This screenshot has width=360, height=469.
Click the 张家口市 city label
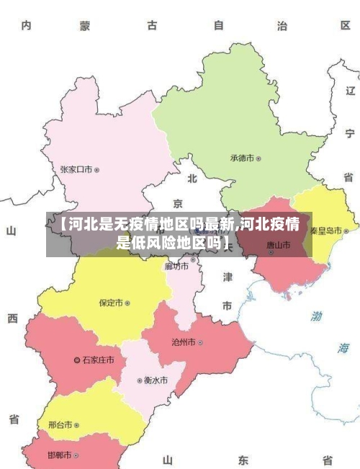pos(76,170)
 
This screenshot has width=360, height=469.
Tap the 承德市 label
pos(243,158)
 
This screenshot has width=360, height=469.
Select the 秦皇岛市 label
pos(326,231)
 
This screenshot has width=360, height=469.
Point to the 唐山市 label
pos(278,245)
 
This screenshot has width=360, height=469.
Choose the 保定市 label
pos(111,303)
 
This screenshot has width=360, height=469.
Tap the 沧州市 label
pos(183,342)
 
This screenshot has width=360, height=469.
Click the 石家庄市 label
pos(98,359)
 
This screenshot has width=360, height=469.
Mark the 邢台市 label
pos(60,425)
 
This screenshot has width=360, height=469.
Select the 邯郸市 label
pos(60,455)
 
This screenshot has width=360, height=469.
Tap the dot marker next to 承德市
pos(259,158)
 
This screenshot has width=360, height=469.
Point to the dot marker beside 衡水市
pos(140,380)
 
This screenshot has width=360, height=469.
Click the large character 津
pos(227,277)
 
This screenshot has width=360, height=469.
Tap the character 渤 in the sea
pos(317,316)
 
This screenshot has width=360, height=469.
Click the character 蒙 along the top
pos(85,26)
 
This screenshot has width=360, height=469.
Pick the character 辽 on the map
pos(350,91)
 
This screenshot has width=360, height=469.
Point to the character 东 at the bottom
pos(243,460)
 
